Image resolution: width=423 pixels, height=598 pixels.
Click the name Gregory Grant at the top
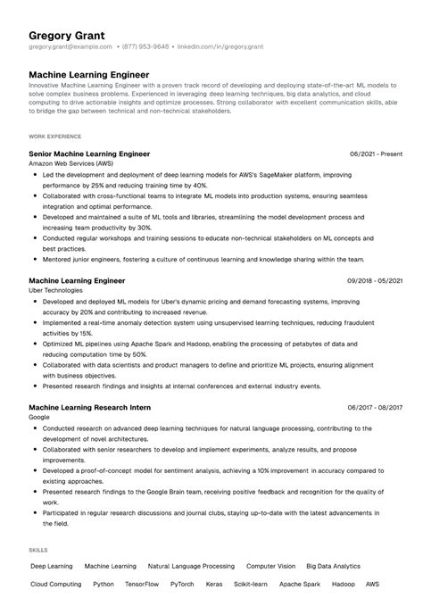click(x=66, y=36)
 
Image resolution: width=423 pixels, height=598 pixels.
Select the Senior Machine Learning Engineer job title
click(x=89, y=154)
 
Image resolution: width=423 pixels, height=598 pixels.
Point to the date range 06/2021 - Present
click(x=376, y=154)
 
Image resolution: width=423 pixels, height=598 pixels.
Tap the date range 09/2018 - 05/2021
click(x=375, y=280)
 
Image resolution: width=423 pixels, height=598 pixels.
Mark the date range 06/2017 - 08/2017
click(x=375, y=407)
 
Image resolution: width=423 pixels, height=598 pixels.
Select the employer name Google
click(x=39, y=418)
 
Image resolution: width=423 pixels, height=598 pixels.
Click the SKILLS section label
click(x=37, y=550)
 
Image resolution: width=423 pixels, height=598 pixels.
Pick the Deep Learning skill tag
click(x=51, y=566)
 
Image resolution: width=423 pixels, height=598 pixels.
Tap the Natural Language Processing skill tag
click(x=191, y=566)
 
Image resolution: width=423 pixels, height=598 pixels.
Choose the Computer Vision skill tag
click(x=270, y=566)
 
